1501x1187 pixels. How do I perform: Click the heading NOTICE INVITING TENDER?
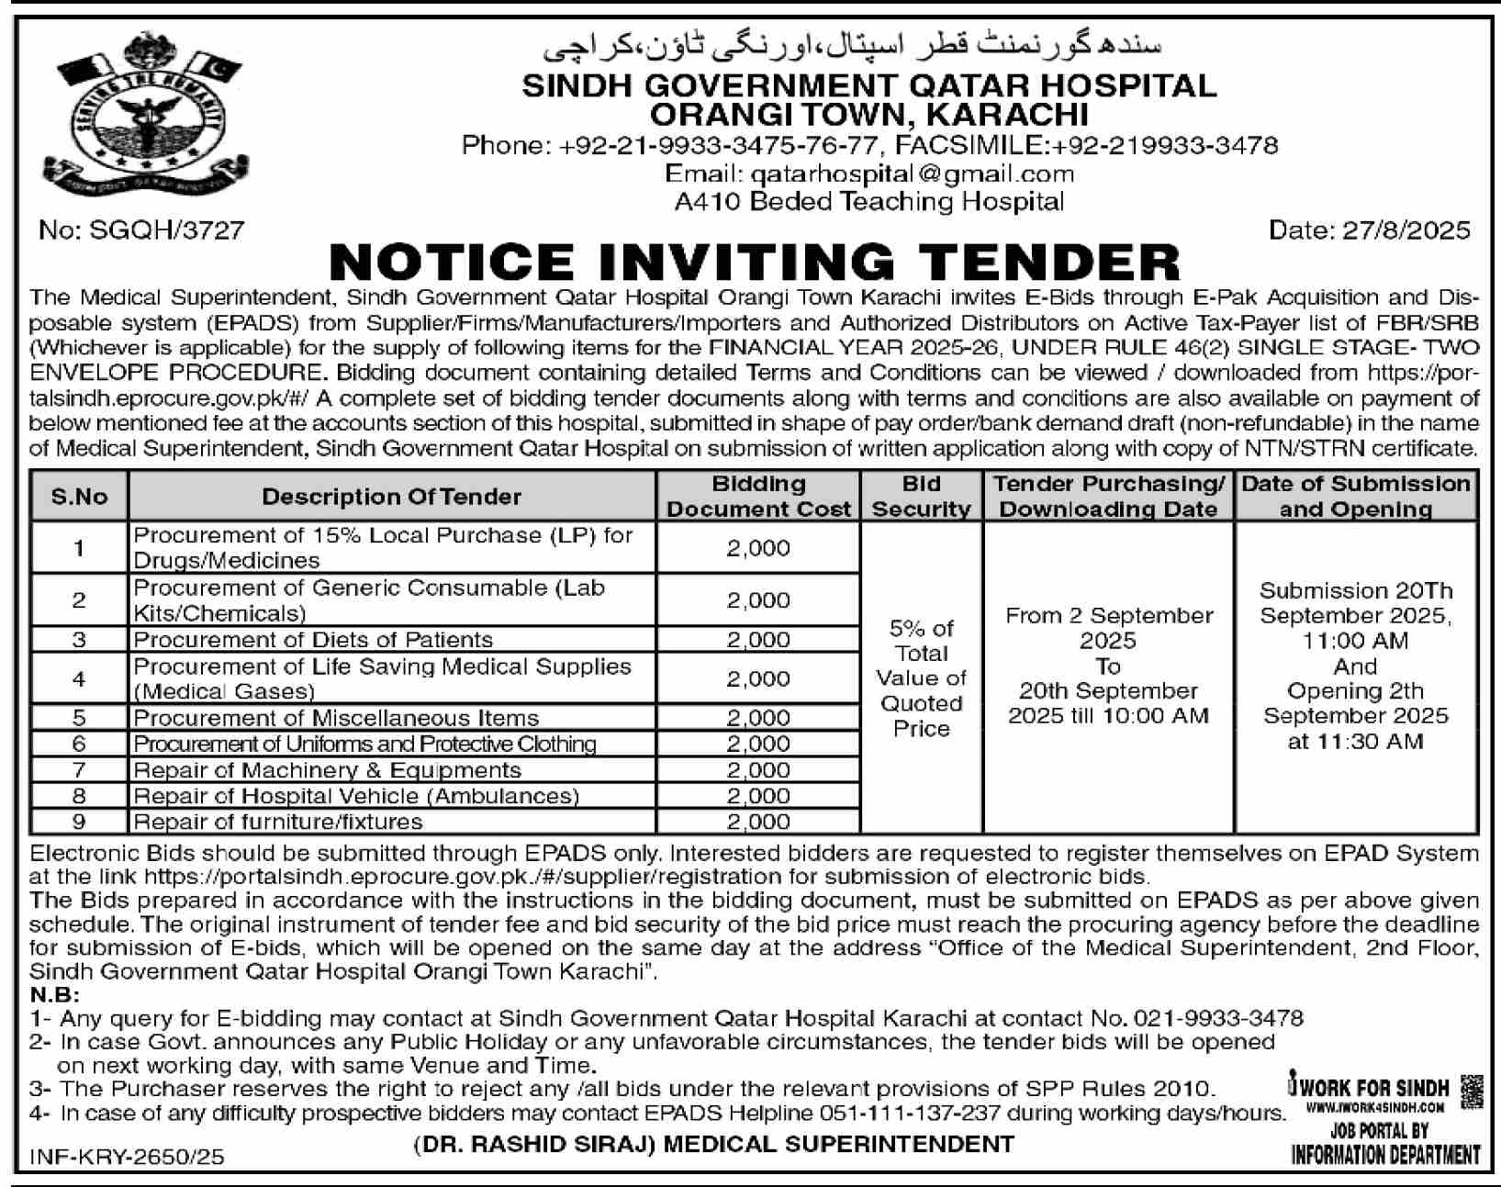click(754, 263)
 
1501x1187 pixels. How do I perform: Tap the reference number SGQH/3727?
click(142, 230)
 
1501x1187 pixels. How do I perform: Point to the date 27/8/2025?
click(1369, 230)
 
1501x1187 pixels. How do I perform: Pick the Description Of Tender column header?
click(391, 497)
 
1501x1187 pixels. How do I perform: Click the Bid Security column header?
click(921, 497)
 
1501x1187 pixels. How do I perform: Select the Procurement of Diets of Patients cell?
click(313, 640)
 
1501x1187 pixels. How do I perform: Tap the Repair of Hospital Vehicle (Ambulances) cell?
click(356, 796)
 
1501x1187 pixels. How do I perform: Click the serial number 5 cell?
click(79, 718)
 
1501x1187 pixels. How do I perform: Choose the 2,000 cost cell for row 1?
click(758, 548)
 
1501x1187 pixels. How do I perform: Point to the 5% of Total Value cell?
click(921, 678)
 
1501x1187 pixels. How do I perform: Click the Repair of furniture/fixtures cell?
click(278, 822)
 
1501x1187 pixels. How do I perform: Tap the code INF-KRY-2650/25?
click(127, 1158)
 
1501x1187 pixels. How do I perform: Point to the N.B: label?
click(54, 996)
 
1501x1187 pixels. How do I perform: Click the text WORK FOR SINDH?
click(1374, 1088)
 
